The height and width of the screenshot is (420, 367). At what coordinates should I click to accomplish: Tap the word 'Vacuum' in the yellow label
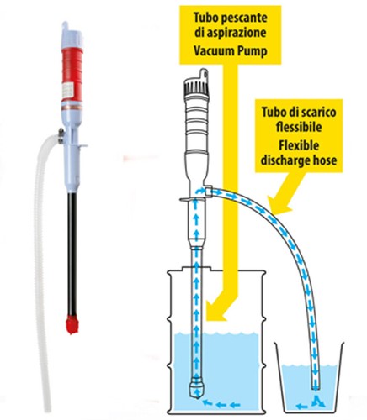click(213, 51)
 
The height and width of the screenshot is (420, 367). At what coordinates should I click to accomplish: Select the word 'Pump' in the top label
click(252, 51)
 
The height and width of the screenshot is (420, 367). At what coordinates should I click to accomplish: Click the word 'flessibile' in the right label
click(299, 128)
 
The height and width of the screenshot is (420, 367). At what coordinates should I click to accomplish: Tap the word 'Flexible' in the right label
click(299, 145)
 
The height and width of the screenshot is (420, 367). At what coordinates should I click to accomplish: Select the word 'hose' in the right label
click(325, 160)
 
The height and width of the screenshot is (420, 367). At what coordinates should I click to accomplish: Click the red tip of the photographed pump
click(72, 324)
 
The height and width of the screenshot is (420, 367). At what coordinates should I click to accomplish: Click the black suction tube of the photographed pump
click(72, 254)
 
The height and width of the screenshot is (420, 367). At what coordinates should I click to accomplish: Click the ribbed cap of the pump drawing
click(195, 87)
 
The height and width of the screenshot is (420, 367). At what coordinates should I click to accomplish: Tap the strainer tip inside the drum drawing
click(195, 389)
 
